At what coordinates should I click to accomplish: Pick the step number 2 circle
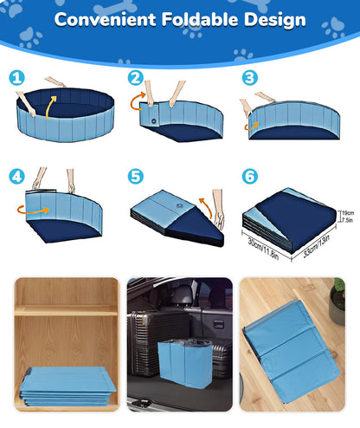[135, 78]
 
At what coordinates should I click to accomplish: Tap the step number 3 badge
[250, 78]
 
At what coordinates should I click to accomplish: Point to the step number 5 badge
[135, 176]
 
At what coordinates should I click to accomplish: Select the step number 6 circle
[250, 176]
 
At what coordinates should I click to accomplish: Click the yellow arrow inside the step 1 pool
[51, 103]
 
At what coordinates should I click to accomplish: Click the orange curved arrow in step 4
[22, 209]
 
